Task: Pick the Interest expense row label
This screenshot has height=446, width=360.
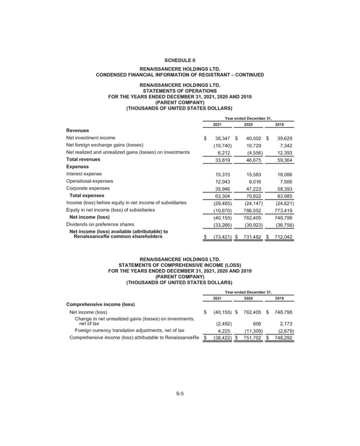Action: click(84, 174)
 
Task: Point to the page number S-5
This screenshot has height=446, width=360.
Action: click(179, 393)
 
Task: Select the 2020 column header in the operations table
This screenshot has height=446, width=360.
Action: click(248, 124)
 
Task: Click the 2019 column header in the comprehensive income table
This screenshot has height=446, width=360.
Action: click(279, 298)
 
